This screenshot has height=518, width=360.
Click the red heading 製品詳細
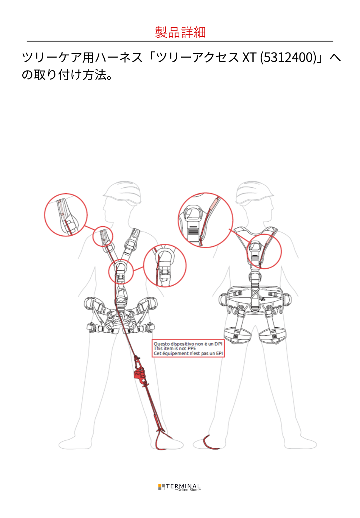click(180, 32)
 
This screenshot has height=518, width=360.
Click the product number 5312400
click(289, 57)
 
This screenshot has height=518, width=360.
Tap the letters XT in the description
click(249, 57)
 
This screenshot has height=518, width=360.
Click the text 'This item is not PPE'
click(175, 348)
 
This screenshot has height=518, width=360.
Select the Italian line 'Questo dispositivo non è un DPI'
click(188, 344)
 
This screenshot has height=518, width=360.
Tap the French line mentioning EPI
click(188, 353)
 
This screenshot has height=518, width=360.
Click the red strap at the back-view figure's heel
click(210, 442)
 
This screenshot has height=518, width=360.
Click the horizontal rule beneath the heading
click(180, 41)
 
